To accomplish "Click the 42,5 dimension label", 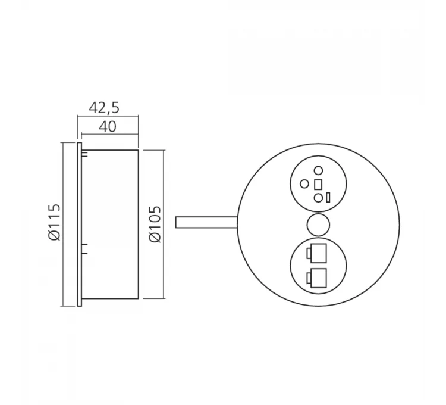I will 104,107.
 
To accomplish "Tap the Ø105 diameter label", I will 156,223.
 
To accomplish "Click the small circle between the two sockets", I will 318,225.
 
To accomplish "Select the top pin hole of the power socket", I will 318,170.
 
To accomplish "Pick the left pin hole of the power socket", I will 304,183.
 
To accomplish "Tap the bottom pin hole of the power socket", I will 318,197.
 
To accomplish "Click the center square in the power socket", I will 318,183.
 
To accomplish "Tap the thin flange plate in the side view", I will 79,224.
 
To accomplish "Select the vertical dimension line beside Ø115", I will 63,224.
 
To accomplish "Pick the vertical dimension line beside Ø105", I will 164,224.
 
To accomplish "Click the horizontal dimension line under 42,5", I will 108,116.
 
